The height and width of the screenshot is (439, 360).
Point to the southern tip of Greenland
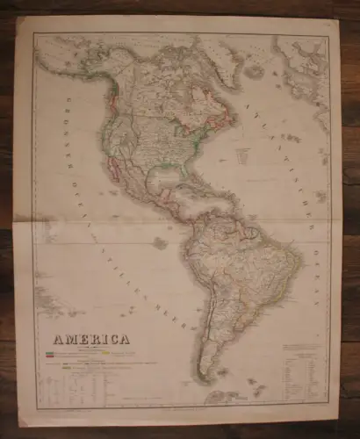(x=230, y=81)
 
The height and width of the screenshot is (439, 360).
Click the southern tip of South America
(x=204, y=380)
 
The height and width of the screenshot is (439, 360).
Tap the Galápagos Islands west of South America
(x=159, y=241)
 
